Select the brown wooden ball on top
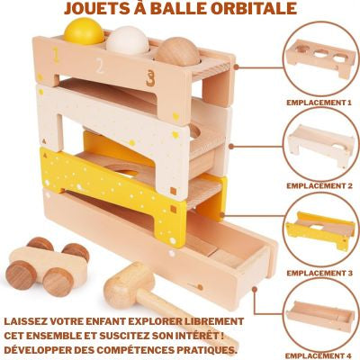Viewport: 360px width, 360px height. (179, 50)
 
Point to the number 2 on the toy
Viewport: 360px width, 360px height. (99, 66)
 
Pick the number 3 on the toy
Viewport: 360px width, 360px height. (149, 77)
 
